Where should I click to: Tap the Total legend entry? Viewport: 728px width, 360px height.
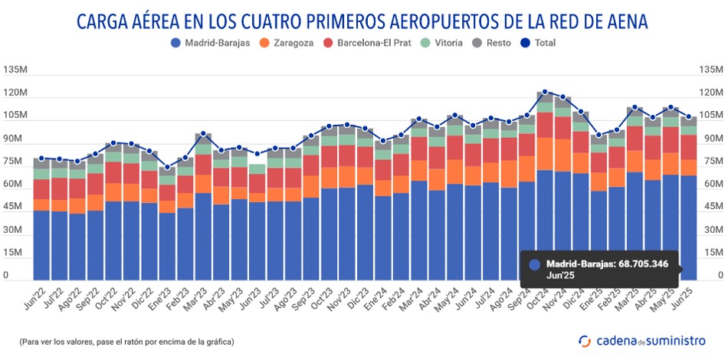pyautogui.click(x=539, y=43)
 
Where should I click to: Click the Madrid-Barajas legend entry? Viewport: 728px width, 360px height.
pyautogui.click(x=210, y=43)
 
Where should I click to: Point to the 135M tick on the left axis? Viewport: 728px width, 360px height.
pyautogui.click(x=16, y=70)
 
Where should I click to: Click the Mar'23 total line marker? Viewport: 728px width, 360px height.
pyautogui.click(x=203, y=134)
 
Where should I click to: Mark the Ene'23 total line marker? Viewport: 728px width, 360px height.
pyautogui.click(x=167, y=167)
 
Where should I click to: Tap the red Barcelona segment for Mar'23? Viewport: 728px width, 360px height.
pyautogui.click(x=203, y=164)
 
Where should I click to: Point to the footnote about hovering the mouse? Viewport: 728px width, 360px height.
pyautogui.click(x=126, y=341)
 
